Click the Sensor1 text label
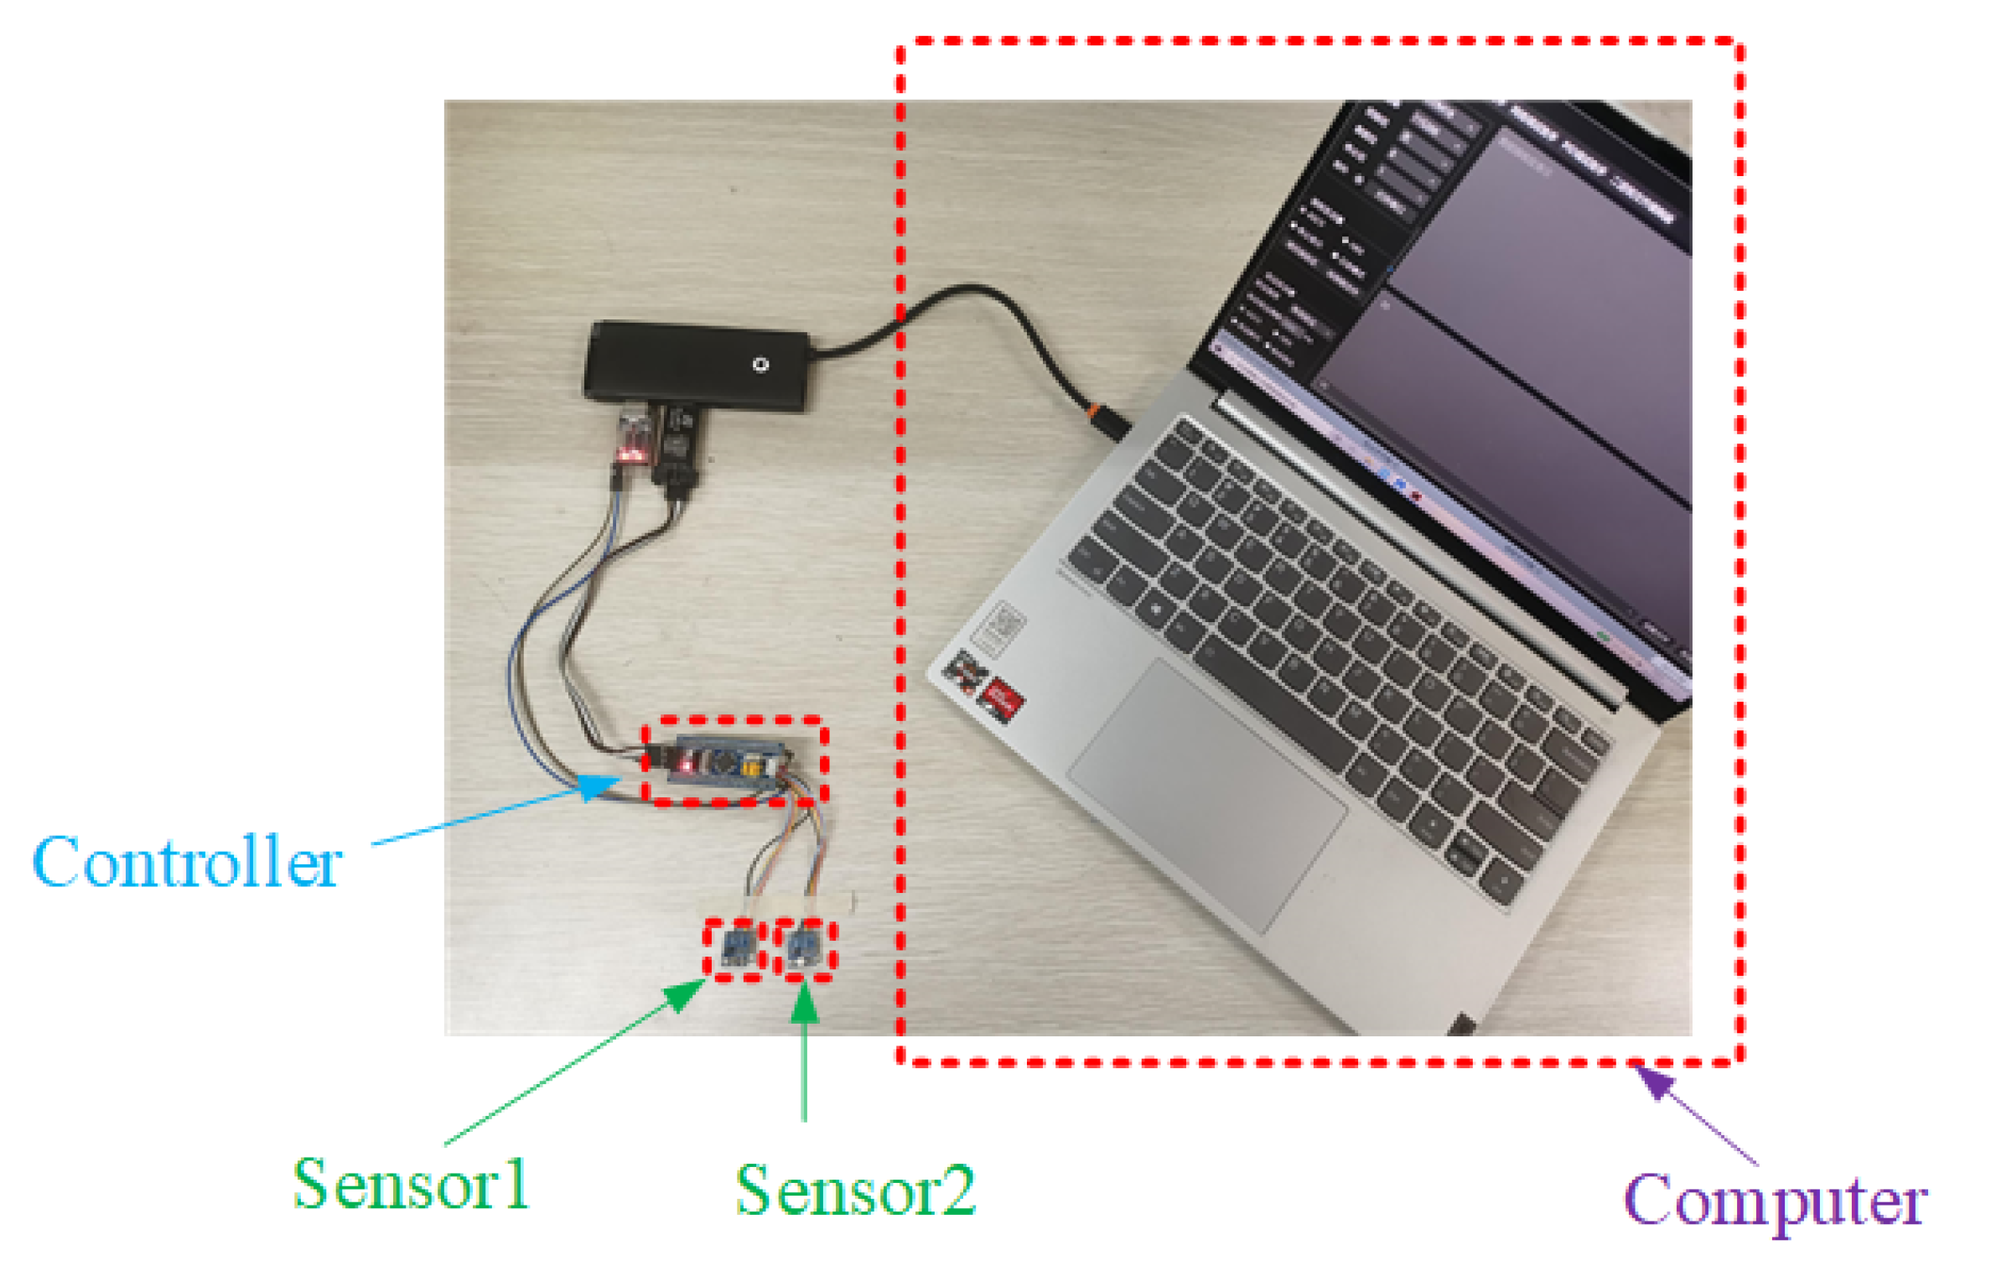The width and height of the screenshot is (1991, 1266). (411, 1185)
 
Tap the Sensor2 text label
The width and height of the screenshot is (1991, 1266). (855, 1191)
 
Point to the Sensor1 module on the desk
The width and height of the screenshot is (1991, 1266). (735, 949)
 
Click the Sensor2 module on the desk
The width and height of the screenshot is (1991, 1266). (805, 949)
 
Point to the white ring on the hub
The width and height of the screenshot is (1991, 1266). (760, 364)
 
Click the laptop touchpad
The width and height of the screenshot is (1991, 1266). (1207, 792)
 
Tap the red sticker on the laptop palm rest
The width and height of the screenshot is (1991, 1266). (1002, 699)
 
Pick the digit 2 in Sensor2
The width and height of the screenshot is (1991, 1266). (954, 1191)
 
